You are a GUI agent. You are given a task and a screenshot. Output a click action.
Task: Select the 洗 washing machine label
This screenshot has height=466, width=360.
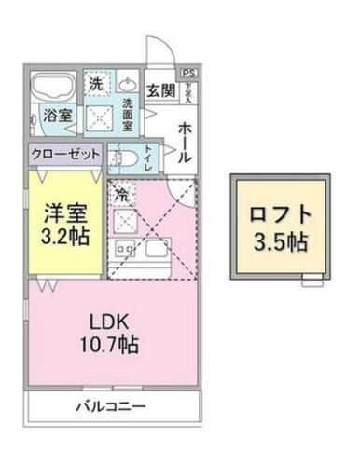[96, 82]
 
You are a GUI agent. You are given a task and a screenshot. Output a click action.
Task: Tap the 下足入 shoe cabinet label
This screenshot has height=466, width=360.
[188, 90]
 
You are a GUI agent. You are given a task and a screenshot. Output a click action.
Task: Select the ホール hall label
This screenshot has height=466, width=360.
[184, 141]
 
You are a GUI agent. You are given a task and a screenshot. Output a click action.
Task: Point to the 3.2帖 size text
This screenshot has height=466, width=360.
[64, 235]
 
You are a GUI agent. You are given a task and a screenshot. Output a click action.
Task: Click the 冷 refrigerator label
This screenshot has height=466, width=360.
[121, 195]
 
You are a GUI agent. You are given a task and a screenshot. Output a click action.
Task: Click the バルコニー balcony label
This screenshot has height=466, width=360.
[110, 405]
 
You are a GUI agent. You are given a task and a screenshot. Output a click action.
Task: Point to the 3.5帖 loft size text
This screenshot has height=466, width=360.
[279, 242]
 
